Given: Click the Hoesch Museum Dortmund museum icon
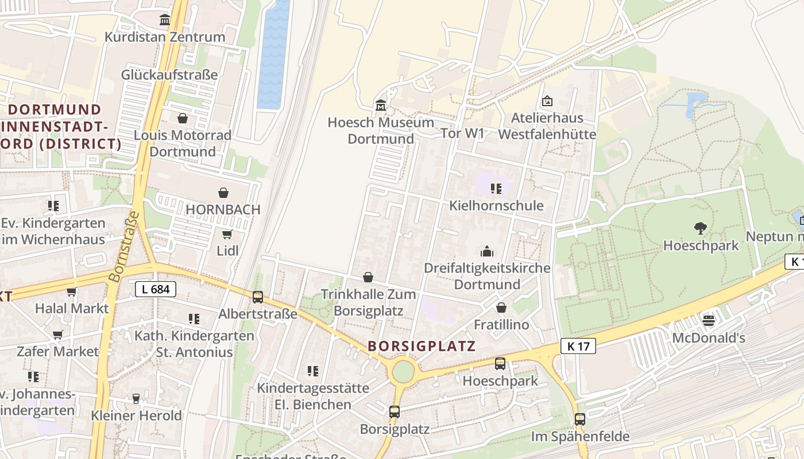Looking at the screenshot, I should click(x=380, y=106).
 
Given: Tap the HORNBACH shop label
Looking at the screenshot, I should click(x=223, y=209).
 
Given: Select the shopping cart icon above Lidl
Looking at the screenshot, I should click(x=227, y=234).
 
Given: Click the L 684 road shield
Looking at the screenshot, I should click(x=156, y=289).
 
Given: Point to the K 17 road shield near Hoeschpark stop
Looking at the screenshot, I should click(x=578, y=346).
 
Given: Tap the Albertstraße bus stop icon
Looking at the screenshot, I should click(x=258, y=297).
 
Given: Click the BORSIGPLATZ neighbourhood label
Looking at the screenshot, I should click(x=422, y=346).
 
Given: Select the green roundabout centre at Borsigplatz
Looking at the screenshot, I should click(x=403, y=371).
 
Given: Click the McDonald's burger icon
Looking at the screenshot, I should click(x=708, y=320).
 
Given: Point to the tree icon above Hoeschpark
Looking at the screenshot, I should click(x=700, y=228).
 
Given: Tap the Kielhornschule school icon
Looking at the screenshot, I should click(x=496, y=188).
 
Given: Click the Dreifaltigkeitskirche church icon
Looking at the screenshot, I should click(x=487, y=251).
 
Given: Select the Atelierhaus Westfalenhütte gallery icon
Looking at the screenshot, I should click(x=547, y=101).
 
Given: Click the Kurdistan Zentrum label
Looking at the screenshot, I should click(x=165, y=37).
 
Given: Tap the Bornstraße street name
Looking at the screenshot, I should click(x=123, y=247).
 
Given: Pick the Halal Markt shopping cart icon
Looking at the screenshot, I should click(x=72, y=291).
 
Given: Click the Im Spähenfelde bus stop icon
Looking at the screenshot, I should click(x=580, y=419).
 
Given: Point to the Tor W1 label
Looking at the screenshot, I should click(x=462, y=134).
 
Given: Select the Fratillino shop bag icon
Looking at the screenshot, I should click(x=501, y=308).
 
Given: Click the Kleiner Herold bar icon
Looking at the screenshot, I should click(x=136, y=398).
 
